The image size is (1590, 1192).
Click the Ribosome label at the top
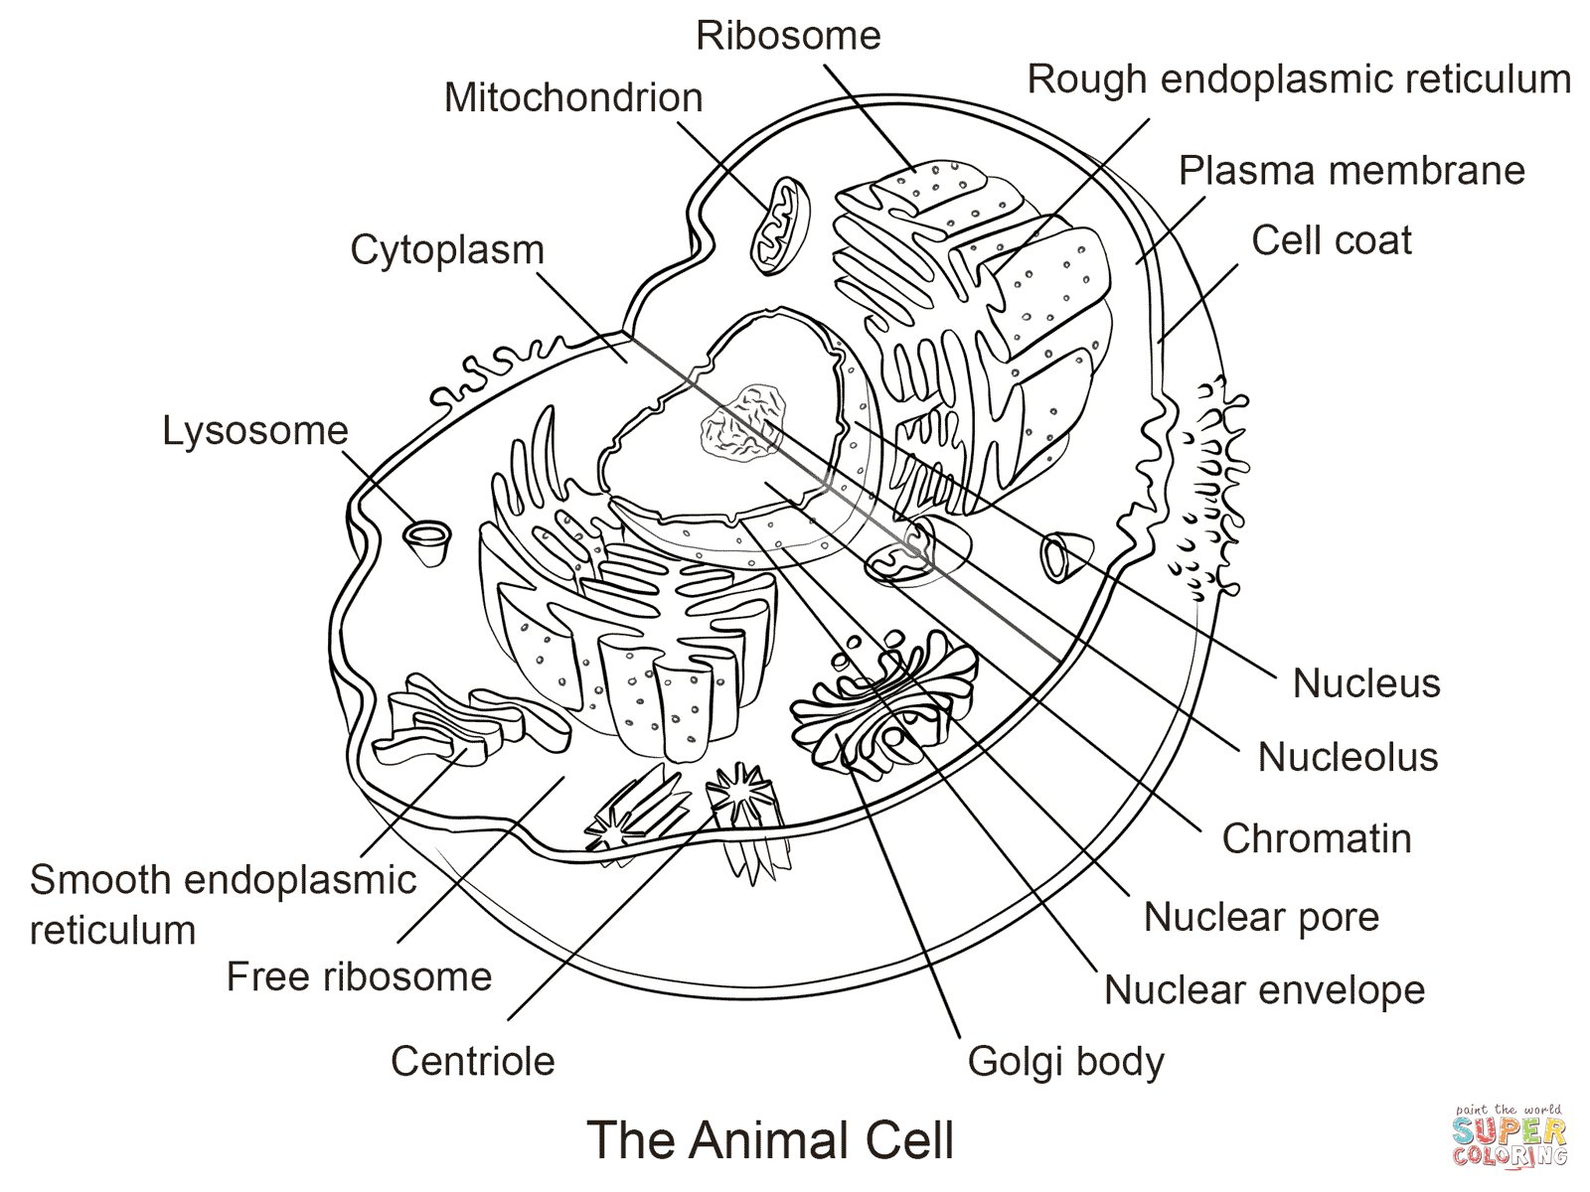(x=788, y=36)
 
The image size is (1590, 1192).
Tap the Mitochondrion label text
(x=573, y=97)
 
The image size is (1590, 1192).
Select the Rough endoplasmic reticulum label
(x=1299, y=79)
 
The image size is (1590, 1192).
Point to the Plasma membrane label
(x=1351, y=171)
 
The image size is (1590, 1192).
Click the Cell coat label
(x=1331, y=240)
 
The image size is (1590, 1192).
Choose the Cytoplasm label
(x=447, y=250)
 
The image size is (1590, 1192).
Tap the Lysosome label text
(x=255, y=431)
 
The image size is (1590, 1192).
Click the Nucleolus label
(x=1348, y=757)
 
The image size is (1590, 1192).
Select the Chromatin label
(x=1317, y=838)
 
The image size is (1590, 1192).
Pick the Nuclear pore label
(x=1261, y=917)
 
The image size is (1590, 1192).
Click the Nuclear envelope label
(x=1264, y=990)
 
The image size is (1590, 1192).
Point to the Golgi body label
(x=1065, y=1062)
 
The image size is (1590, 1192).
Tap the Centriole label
(x=472, y=1062)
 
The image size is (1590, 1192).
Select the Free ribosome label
(x=359, y=977)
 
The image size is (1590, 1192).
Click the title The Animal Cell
(x=770, y=1140)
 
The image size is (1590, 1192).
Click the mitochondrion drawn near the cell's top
(x=780, y=225)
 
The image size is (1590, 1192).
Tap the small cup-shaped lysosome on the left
(x=427, y=541)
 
